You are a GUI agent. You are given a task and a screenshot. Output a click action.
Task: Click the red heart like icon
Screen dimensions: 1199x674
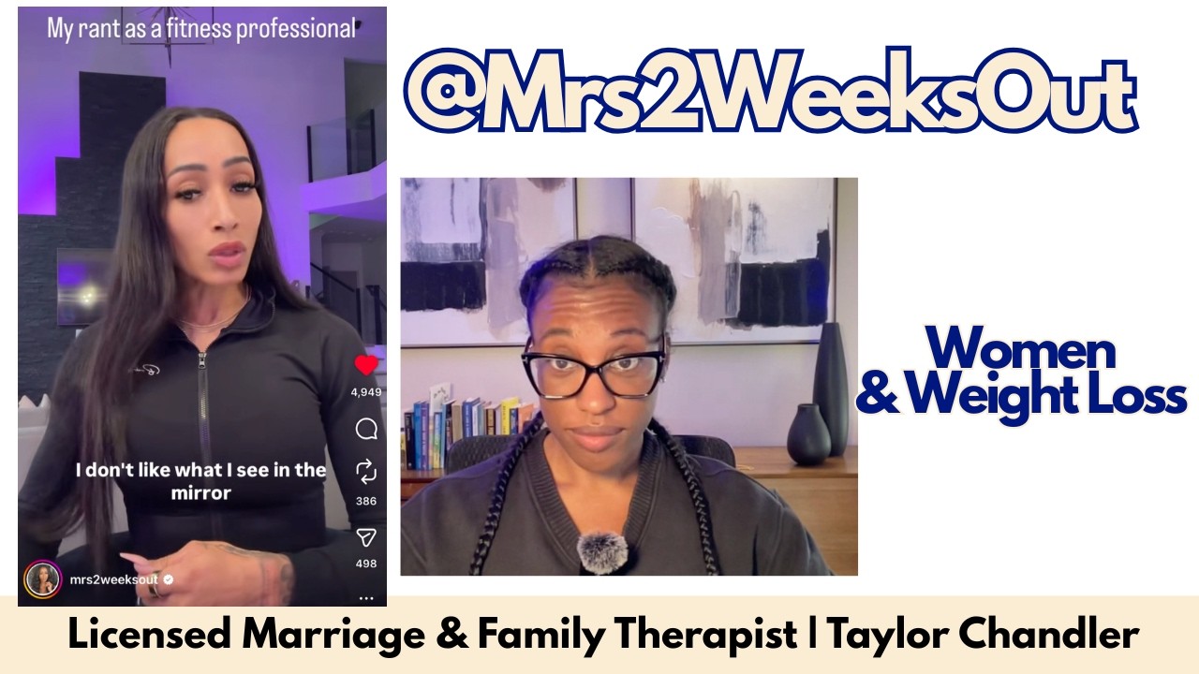point(366,365)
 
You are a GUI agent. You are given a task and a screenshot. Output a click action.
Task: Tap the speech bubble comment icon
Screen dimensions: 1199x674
point(366,429)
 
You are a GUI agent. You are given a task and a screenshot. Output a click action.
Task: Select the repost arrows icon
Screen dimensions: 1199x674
point(366,471)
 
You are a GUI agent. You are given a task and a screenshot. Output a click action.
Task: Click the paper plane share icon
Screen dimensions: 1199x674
point(366,537)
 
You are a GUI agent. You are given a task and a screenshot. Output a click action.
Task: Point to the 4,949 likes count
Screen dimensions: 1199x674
point(366,392)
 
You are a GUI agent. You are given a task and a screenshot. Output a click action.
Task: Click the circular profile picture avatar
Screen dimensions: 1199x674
point(42,579)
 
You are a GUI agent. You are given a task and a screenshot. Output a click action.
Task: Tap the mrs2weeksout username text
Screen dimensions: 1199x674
point(114,579)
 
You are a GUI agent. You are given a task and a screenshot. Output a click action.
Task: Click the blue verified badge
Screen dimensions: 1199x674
point(168,579)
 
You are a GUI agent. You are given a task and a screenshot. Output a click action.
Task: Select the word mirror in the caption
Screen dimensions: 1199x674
point(200,492)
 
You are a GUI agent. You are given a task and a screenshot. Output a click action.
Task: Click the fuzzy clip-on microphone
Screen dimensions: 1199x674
point(601,553)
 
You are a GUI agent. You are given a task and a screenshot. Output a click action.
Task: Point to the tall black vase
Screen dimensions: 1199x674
point(830,388)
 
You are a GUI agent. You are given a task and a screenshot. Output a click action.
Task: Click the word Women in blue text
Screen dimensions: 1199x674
point(1021,349)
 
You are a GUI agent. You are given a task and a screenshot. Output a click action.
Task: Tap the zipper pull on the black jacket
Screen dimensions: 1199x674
point(201,360)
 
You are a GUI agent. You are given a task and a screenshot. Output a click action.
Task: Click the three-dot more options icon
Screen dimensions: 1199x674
point(366,598)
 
